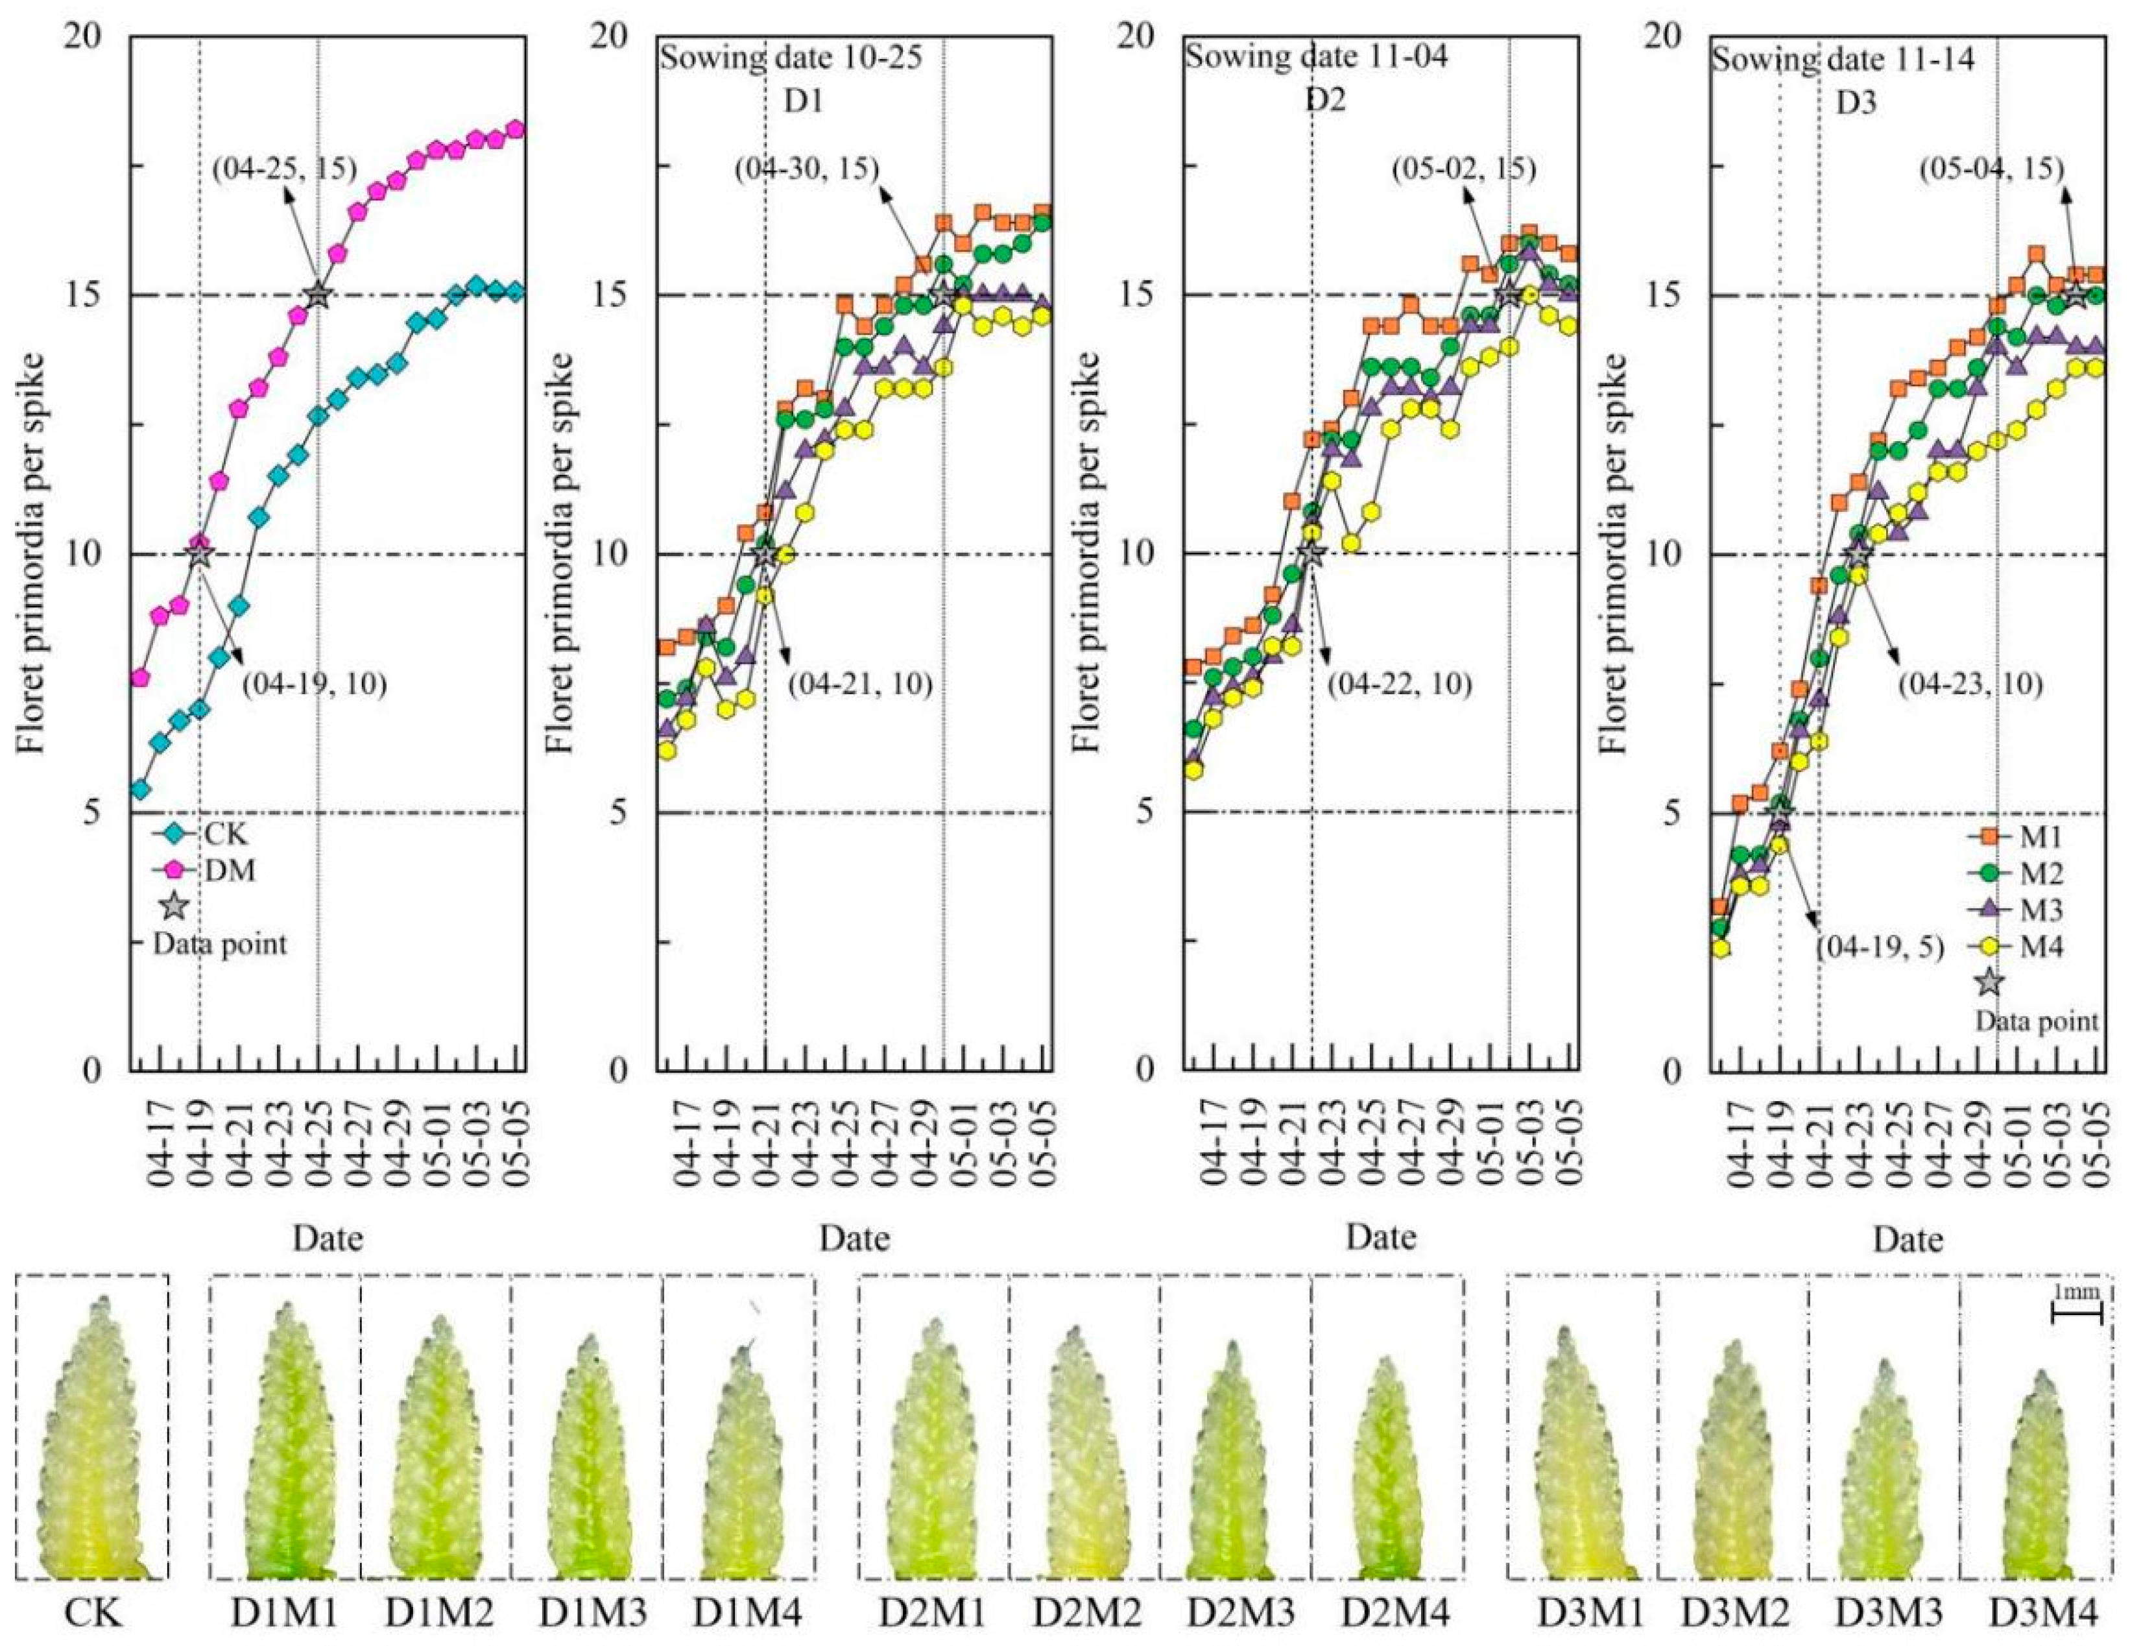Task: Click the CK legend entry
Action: pyautogui.click(x=209, y=835)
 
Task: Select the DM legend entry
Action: pyautogui.click(x=209, y=870)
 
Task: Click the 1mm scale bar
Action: pyautogui.click(x=2076, y=1315)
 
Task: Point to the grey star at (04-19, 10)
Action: pyautogui.click(x=199, y=553)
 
